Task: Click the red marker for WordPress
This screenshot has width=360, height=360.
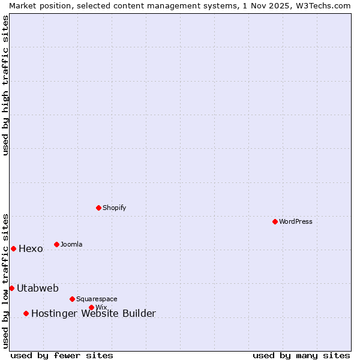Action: [275, 221]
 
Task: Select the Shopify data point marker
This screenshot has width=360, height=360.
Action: [98, 208]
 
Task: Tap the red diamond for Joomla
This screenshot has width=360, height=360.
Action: [56, 244]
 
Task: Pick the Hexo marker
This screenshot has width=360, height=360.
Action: [13, 248]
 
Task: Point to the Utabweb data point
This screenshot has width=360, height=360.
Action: [11, 288]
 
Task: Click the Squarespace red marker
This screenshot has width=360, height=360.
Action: [72, 299]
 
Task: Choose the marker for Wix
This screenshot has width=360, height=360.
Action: [91, 307]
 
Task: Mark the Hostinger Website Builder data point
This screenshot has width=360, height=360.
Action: [26, 313]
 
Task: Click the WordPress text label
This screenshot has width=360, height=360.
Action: [296, 221]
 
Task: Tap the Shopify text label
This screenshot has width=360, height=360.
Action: [115, 208]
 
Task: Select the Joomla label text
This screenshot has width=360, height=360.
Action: [71, 244]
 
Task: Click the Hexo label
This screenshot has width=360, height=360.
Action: [31, 249]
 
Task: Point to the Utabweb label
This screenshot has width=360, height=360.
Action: [37, 288]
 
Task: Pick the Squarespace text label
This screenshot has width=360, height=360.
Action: [97, 299]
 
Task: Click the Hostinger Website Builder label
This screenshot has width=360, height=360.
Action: [93, 313]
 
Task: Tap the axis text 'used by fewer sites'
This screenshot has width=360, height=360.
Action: [62, 355]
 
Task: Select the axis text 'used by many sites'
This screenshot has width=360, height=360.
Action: [301, 355]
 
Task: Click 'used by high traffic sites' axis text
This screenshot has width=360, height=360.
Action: [5, 85]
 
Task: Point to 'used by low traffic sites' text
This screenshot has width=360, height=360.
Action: [5, 280]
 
